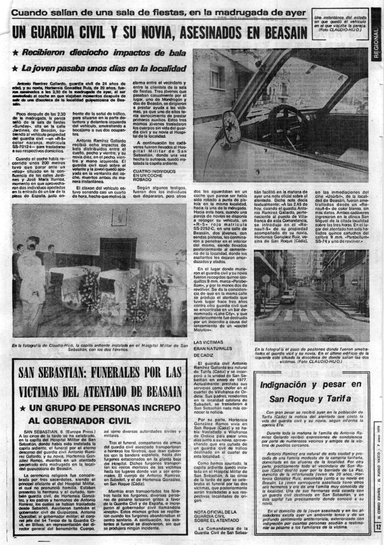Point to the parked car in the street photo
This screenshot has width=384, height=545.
289,296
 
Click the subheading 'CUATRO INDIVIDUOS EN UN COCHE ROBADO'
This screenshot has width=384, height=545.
151,175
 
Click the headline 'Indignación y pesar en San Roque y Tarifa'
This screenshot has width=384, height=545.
310,391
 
